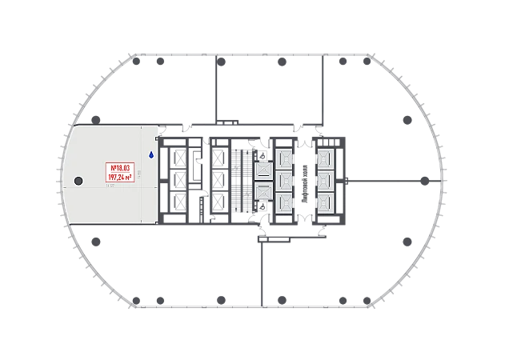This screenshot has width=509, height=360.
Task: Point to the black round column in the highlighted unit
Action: coord(78,181)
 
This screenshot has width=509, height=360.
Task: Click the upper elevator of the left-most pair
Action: coord(263,170)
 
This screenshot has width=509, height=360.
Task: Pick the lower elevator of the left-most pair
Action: coord(263,190)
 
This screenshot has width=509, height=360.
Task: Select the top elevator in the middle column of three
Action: coord(283,158)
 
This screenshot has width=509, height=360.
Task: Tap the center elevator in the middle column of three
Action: coord(283,180)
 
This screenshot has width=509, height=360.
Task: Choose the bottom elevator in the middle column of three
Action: coord(283,202)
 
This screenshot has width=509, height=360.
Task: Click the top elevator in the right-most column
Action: coord(326,158)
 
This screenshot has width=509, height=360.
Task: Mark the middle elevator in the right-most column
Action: coord(326,180)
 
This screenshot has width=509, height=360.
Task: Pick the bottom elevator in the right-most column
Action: coord(326,202)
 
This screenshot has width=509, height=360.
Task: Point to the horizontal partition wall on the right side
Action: coord(392,180)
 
